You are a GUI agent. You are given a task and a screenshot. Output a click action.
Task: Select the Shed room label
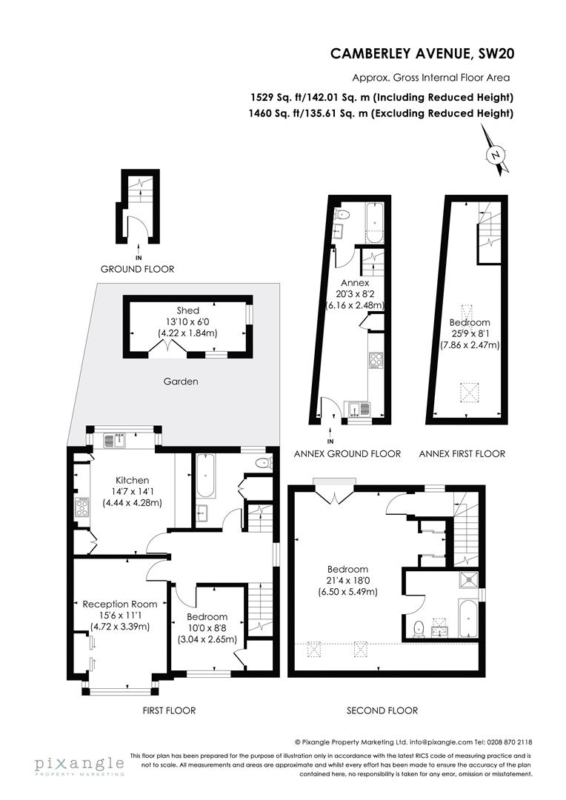(187, 310)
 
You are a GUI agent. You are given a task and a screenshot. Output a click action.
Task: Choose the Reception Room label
(120, 604)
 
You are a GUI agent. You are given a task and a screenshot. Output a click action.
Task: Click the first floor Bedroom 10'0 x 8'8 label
(207, 617)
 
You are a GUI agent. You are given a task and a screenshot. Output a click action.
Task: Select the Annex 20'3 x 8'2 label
(354, 283)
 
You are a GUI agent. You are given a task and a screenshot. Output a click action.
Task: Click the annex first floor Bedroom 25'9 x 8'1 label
(470, 323)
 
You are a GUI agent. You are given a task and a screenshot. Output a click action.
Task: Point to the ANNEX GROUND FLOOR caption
(347, 453)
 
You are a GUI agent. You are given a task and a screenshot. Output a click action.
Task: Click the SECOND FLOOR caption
(382, 710)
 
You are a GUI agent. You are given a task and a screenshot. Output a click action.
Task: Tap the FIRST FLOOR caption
(169, 710)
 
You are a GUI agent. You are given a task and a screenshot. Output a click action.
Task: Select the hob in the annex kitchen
(375, 361)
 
